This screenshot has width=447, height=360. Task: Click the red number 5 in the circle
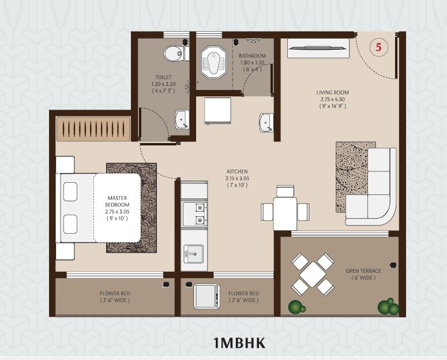[x=378, y=48]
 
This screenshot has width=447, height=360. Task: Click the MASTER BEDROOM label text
[x=117, y=205]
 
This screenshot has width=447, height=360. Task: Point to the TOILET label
[x=163, y=84]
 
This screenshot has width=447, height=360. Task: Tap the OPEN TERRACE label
[x=362, y=274]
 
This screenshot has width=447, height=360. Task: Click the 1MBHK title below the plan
[x=239, y=343]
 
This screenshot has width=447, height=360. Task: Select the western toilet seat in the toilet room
[x=174, y=54]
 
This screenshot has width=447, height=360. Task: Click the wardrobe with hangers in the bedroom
[x=93, y=127]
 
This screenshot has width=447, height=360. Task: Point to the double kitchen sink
[x=195, y=212]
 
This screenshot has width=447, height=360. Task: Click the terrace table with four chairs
[x=312, y=274]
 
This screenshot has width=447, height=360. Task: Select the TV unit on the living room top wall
[x=319, y=48]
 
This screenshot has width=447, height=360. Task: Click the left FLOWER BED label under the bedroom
[x=115, y=297]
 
